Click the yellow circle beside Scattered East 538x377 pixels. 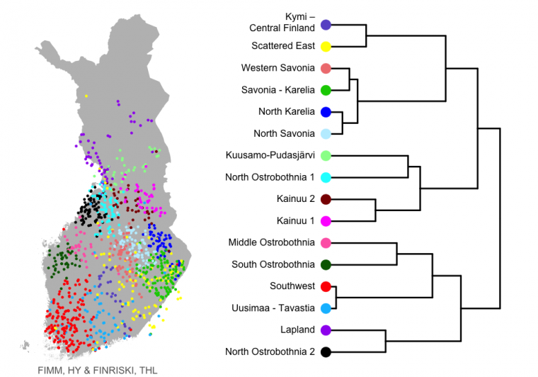coord(326,46)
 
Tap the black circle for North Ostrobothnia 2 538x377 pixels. coord(326,352)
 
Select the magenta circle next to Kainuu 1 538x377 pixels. coord(326,221)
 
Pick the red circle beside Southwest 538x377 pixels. coord(326,286)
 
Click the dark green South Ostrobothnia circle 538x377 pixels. coord(326,265)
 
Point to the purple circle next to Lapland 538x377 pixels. coord(326,330)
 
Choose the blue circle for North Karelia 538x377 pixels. coord(326,112)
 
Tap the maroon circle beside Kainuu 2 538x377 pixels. coord(326,199)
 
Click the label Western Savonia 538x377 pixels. coord(278,68)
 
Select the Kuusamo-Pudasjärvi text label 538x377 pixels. coord(270,155)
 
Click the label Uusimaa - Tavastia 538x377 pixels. coord(273,308)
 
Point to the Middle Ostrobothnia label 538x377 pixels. coord(271,242)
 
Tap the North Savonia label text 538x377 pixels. coord(284,133)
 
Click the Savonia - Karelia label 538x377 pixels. coord(278,90)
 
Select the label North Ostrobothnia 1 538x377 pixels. coord(270,177)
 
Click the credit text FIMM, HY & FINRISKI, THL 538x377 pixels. coord(98,371)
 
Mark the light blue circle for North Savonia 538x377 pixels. coord(326,133)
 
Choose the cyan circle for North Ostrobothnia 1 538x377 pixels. coord(326,177)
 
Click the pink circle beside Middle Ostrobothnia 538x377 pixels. coord(326,243)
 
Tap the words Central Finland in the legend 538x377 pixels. coord(282,28)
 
